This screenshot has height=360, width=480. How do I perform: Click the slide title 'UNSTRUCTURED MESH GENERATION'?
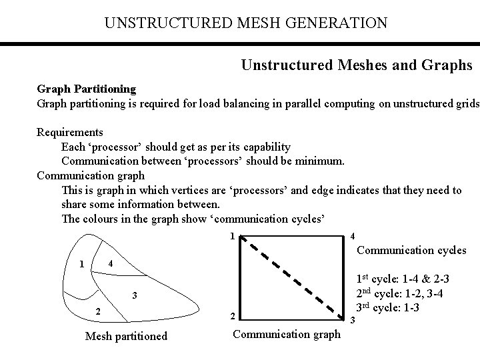[245, 23]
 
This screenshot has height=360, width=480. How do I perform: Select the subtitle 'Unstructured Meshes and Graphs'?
[357, 65]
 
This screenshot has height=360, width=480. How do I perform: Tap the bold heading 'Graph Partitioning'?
[86, 89]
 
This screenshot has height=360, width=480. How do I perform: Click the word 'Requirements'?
[70, 132]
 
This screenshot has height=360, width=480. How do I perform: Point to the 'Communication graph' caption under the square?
[286, 334]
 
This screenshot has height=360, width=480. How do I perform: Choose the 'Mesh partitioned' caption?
[126, 336]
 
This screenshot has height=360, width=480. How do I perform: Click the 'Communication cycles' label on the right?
[412, 251]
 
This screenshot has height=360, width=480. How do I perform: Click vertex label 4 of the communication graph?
[352, 236]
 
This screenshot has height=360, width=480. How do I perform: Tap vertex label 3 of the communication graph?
[352, 320]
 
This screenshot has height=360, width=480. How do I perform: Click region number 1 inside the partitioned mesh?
[81, 263]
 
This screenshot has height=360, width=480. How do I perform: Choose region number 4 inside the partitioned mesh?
[111, 263]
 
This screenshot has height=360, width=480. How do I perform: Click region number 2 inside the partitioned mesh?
[97, 311]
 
